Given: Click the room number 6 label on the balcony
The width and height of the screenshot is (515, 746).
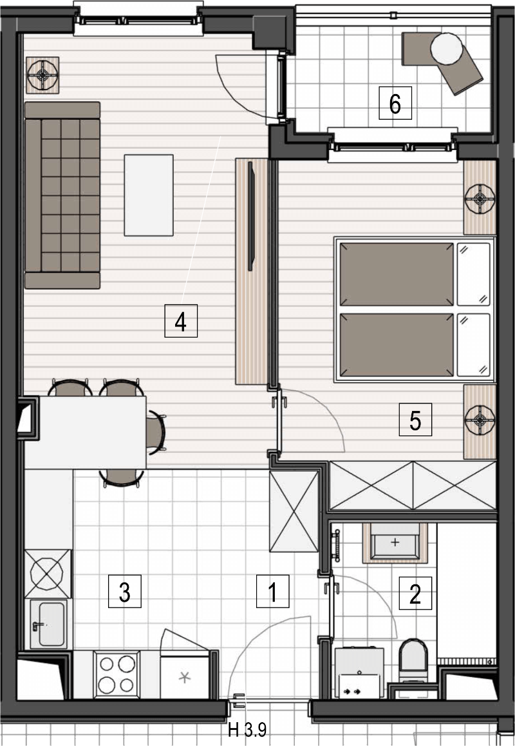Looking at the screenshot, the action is [395, 103].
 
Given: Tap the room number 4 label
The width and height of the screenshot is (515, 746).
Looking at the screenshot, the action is [181, 321].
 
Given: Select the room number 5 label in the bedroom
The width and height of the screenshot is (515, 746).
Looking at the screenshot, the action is [415, 419].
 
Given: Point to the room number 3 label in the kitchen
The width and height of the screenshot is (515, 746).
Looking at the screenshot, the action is [125, 591].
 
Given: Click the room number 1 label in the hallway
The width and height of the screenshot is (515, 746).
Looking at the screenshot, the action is [272, 591].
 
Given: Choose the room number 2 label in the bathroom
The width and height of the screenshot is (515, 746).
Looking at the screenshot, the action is [415, 593].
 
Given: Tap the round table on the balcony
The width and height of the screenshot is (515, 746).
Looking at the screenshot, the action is [447, 49].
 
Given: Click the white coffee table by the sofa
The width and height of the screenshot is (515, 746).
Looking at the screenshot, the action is [149, 195].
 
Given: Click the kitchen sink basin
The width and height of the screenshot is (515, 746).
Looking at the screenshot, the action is [48, 624].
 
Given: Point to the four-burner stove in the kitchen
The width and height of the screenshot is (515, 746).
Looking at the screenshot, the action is [117, 674].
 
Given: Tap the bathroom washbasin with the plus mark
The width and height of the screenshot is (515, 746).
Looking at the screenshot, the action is [395, 543].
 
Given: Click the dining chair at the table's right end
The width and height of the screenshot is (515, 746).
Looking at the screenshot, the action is [156, 432].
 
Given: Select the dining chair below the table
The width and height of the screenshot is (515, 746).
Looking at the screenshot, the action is [121, 477].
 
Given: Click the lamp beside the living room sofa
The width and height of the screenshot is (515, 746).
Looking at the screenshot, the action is [42, 75].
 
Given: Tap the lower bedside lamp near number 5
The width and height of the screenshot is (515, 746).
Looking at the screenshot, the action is [480, 421].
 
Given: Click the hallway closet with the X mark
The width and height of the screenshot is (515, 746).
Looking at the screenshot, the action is [294, 511].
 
